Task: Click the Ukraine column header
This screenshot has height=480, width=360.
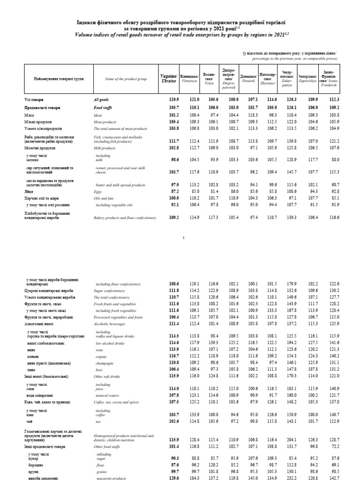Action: click(x=169, y=79)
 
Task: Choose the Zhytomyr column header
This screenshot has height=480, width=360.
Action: click(x=268, y=79)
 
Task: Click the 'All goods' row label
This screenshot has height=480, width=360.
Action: click(x=101, y=100)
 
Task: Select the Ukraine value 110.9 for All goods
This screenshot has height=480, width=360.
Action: click(x=173, y=100)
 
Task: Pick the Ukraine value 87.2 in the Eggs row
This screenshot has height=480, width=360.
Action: click(x=174, y=192)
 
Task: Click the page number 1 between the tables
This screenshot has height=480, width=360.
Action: click(x=184, y=238)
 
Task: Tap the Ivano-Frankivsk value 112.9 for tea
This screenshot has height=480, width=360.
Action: click(x=331, y=420)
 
